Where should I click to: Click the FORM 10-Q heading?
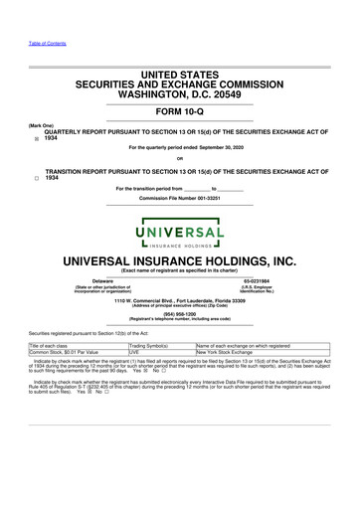coord(180,113)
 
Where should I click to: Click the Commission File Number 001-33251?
coord(179,198)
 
